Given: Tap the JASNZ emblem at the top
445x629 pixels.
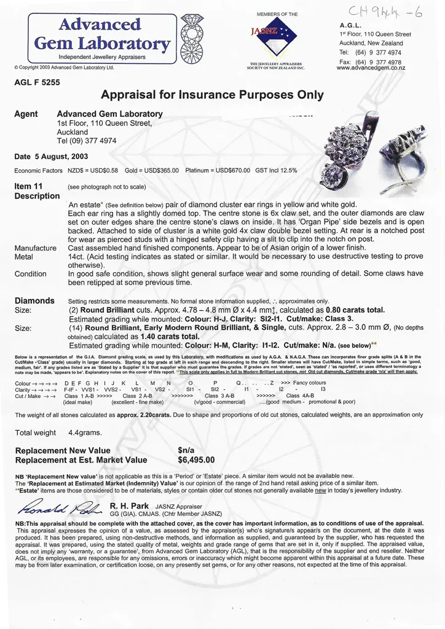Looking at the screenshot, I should click(275, 37).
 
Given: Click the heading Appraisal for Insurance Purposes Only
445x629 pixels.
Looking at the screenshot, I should click(212, 95).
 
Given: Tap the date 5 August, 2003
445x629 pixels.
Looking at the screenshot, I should click(51, 157).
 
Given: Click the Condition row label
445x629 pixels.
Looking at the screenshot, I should click(31, 274).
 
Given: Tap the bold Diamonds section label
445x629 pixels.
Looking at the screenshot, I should click(34, 301).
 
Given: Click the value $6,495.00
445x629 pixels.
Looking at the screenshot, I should click(196, 459).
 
